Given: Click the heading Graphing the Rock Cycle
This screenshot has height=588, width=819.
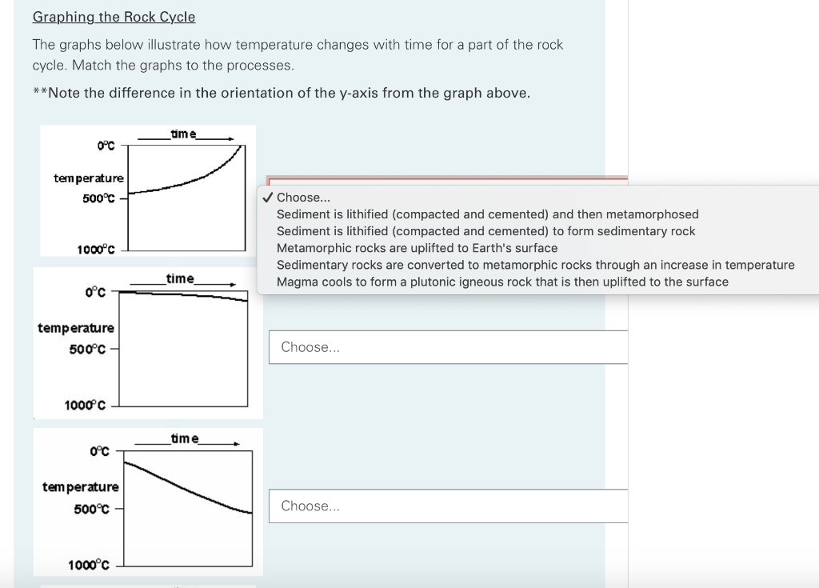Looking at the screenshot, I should tap(114, 17).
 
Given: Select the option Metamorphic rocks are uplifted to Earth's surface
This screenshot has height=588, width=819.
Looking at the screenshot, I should tap(417, 248).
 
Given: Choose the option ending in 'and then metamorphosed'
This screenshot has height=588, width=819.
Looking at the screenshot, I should tap(487, 214).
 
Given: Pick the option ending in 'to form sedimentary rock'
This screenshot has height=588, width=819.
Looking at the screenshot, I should tap(485, 231).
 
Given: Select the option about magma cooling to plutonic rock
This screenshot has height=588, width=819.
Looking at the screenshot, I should tap(502, 282).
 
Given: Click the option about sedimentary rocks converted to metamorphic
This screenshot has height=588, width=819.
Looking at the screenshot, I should tap(535, 265).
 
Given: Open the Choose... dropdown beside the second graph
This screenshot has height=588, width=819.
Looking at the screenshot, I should tap(448, 347).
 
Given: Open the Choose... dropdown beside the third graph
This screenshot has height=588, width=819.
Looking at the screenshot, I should tap(448, 506).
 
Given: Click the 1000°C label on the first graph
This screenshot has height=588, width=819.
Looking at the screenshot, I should tap(96, 250).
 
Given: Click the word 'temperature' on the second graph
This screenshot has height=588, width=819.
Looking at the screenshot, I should tap(76, 328).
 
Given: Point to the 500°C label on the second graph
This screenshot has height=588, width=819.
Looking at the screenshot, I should tap(87, 349).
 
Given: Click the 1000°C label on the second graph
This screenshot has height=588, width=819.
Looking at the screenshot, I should tap(85, 405).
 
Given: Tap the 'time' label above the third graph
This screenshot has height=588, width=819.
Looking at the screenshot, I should tap(185, 438).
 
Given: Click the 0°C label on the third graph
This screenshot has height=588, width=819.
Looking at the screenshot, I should tap(100, 451).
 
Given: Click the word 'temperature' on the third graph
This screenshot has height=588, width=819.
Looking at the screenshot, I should tap(81, 486).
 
